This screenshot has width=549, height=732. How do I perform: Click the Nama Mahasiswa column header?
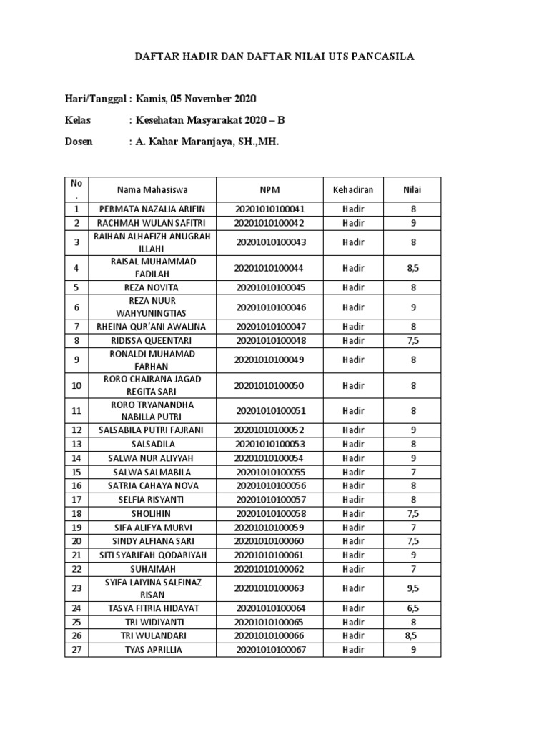[x=152, y=189]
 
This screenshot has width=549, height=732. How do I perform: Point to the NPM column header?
[x=269, y=189]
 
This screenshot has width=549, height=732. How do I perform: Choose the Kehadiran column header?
[x=353, y=189]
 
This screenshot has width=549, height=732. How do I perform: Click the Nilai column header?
[x=412, y=189]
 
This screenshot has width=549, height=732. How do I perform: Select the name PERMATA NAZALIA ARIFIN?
[x=152, y=209]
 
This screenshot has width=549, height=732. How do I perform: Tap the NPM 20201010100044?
[x=269, y=268]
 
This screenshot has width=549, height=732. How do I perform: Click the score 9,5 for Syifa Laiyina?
[x=412, y=588]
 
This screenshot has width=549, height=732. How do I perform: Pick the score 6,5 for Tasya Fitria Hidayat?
[x=412, y=608]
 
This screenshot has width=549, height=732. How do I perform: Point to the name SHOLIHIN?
[x=152, y=513]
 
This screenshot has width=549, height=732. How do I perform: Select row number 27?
[x=76, y=650]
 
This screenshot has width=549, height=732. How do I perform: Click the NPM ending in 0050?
[x=269, y=385]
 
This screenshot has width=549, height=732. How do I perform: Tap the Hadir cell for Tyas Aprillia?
[x=353, y=650]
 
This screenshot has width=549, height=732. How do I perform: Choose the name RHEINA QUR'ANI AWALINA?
[x=152, y=327]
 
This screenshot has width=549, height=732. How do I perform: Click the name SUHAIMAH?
[x=152, y=568]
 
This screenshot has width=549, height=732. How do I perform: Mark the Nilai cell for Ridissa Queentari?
[x=412, y=341]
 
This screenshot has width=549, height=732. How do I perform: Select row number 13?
[x=76, y=444]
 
